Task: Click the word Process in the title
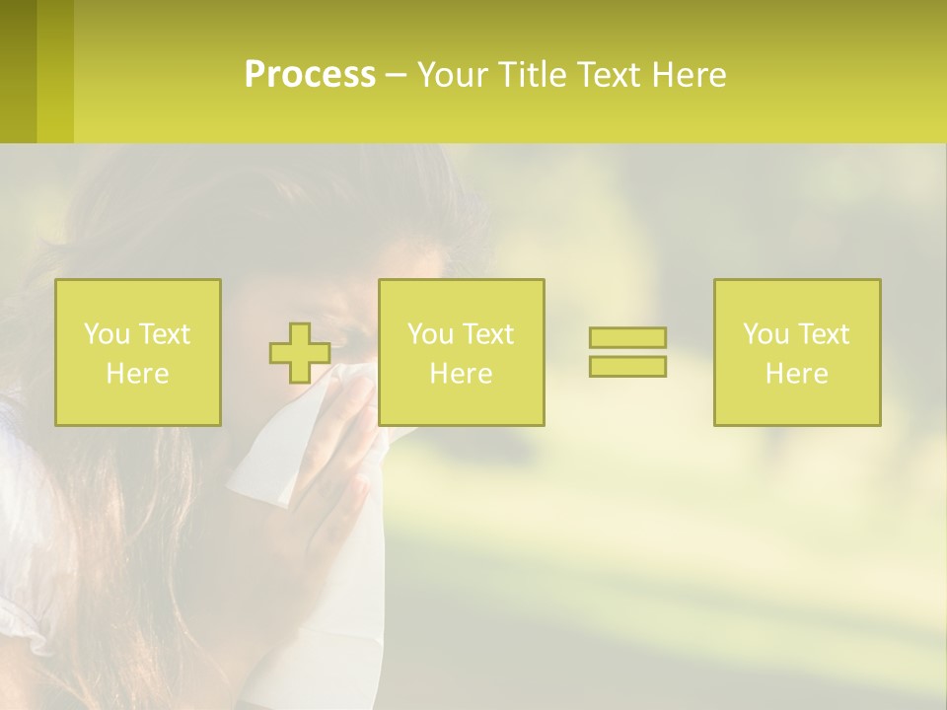[x=310, y=75]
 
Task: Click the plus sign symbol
[x=300, y=353]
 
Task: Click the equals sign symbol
[x=627, y=352]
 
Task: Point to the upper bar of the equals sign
[x=627, y=338]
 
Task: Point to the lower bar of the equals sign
[x=627, y=366]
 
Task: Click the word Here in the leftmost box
[x=138, y=374]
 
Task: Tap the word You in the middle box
[x=431, y=334]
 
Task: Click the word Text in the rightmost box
[x=824, y=334]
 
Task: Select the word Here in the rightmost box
[x=797, y=374]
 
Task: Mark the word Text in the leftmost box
[x=165, y=334]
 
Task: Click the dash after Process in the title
[x=396, y=75]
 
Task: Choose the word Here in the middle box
[x=462, y=374]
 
